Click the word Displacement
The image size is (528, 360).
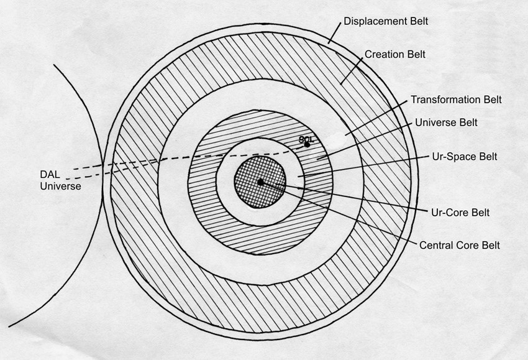pos(376,21)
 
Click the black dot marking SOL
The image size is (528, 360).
pos(307,145)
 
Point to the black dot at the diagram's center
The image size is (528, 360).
pos(260,182)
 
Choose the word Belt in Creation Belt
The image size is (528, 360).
pos(415,54)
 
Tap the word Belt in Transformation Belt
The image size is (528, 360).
pos(492,99)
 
